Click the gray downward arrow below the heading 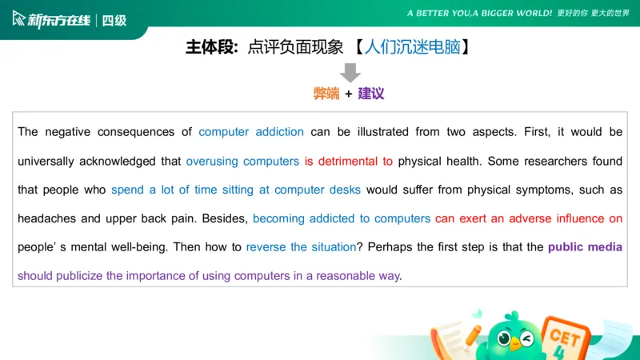click(350, 71)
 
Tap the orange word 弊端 click(326, 94)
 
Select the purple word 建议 click(371, 94)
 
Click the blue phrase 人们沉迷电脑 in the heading click(412, 47)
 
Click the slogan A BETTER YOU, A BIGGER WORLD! click(479, 14)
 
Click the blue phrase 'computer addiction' click(251, 132)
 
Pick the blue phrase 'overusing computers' click(242, 161)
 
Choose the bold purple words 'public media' click(585, 247)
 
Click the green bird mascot click(512, 336)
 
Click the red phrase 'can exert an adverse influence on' click(529, 218)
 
